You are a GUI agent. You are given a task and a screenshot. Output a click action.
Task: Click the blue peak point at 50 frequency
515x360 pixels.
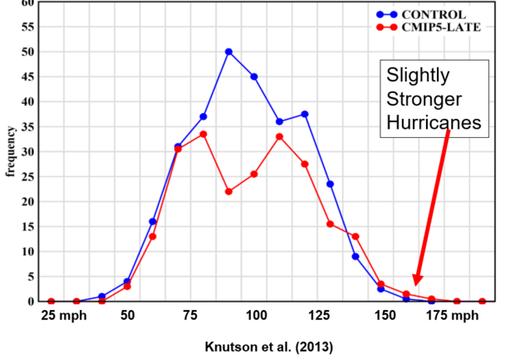coord(228,52)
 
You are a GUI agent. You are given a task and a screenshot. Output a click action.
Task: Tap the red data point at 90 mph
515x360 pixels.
coord(228,191)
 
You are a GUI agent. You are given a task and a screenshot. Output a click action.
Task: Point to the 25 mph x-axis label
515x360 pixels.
coord(60,317)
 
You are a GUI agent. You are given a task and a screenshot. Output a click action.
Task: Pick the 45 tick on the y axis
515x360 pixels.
coord(28,76)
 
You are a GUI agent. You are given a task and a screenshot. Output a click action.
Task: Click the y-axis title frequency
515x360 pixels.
coord(10,151)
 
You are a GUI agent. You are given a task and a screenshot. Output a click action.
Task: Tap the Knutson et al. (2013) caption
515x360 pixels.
coord(257,343)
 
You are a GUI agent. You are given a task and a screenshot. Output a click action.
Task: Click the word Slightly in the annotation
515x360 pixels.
coord(418,76)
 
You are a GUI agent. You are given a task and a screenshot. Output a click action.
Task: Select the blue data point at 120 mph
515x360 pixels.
coord(305,114)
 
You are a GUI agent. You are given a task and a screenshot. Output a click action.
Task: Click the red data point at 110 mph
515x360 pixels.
coord(279,136)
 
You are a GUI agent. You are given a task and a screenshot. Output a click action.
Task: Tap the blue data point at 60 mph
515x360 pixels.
coord(152,221)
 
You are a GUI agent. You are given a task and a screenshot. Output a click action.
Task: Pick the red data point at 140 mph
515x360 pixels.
coord(356,236)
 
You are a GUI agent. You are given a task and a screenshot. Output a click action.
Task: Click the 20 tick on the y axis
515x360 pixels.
coord(28,201)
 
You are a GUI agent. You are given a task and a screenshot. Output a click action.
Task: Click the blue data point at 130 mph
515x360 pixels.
coord(330,184)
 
